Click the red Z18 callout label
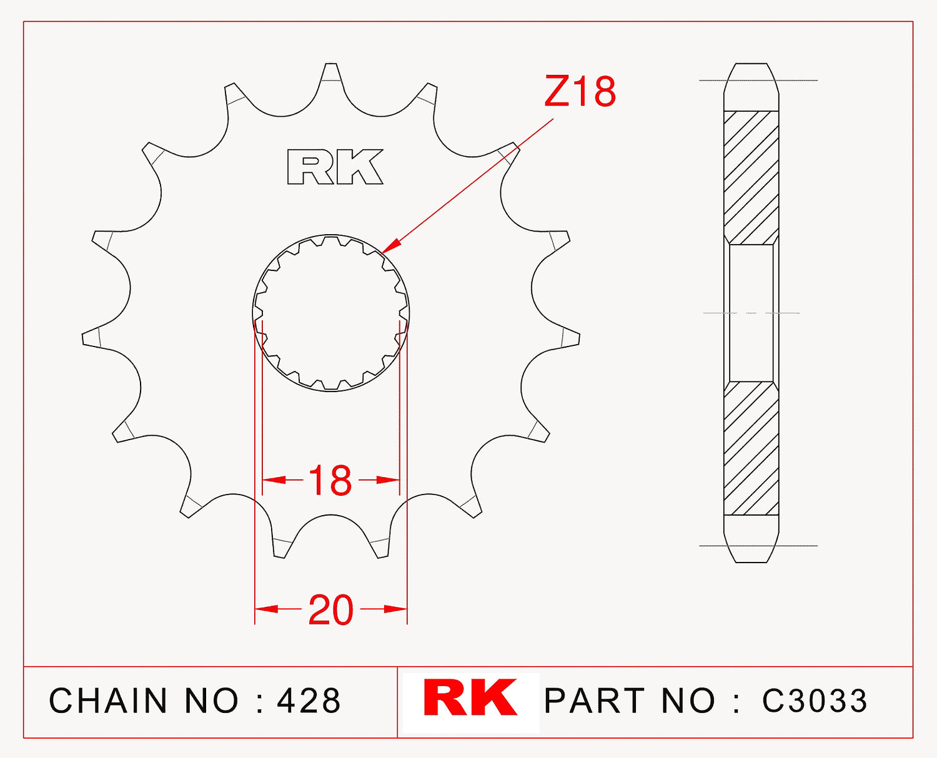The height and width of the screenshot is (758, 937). (580, 91)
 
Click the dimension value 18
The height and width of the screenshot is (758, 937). (330, 481)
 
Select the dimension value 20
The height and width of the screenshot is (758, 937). (331, 610)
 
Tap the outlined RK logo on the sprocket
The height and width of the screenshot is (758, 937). (335, 167)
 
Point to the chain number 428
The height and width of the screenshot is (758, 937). (309, 701)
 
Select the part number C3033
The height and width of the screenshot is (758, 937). (815, 701)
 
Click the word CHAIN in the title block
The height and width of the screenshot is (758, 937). (108, 701)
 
